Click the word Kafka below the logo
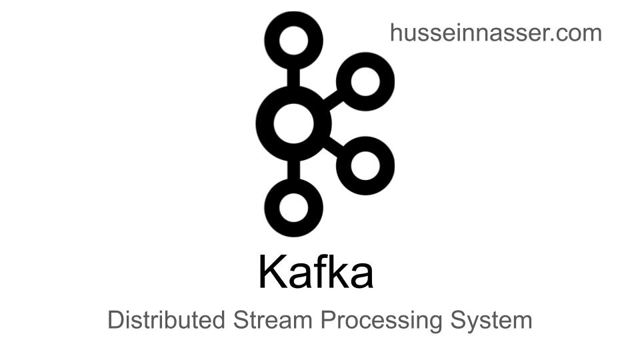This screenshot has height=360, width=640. (316, 272)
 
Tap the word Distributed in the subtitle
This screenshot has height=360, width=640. (166, 319)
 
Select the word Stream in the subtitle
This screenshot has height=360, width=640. (273, 319)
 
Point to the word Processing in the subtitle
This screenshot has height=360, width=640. (381, 321)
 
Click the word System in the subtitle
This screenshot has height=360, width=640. (491, 321)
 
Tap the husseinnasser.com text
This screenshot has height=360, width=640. (496, 33)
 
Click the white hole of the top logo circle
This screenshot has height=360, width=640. (294, 41)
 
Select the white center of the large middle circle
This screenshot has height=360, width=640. (294, 124)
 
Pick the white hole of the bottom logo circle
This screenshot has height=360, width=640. (294, 208)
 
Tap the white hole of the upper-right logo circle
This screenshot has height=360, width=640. (365, 81)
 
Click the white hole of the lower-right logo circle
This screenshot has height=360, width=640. (365, 166)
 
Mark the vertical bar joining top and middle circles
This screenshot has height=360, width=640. (294, 77)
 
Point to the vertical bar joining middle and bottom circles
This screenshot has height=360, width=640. (294, 170)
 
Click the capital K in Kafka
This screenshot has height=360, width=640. (271, 271)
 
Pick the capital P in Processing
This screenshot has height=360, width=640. (328, 319)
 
